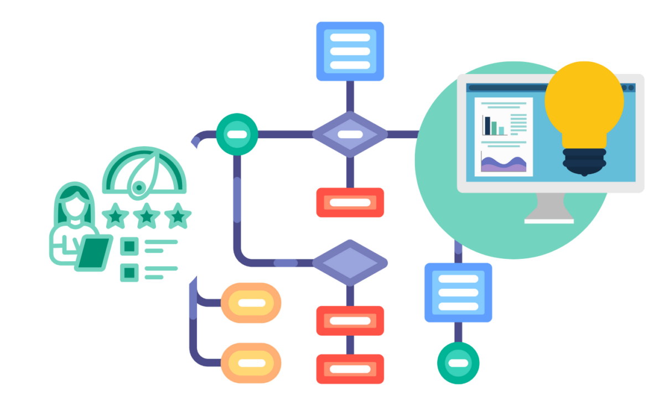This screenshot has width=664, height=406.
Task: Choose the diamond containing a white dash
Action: click(x=350, y=134)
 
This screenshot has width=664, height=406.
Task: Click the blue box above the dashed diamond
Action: click(x=350, y=51)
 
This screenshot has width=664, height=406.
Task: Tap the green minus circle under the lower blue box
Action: click(x=458, y=363)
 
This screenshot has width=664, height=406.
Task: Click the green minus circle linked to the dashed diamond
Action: click(x=237, y=134)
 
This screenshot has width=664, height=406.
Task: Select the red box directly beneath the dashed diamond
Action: click(x=350, y=202)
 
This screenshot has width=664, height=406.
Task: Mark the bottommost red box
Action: click(x=350, y=368)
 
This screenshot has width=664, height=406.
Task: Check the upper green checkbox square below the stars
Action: click(x=129, y=246)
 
